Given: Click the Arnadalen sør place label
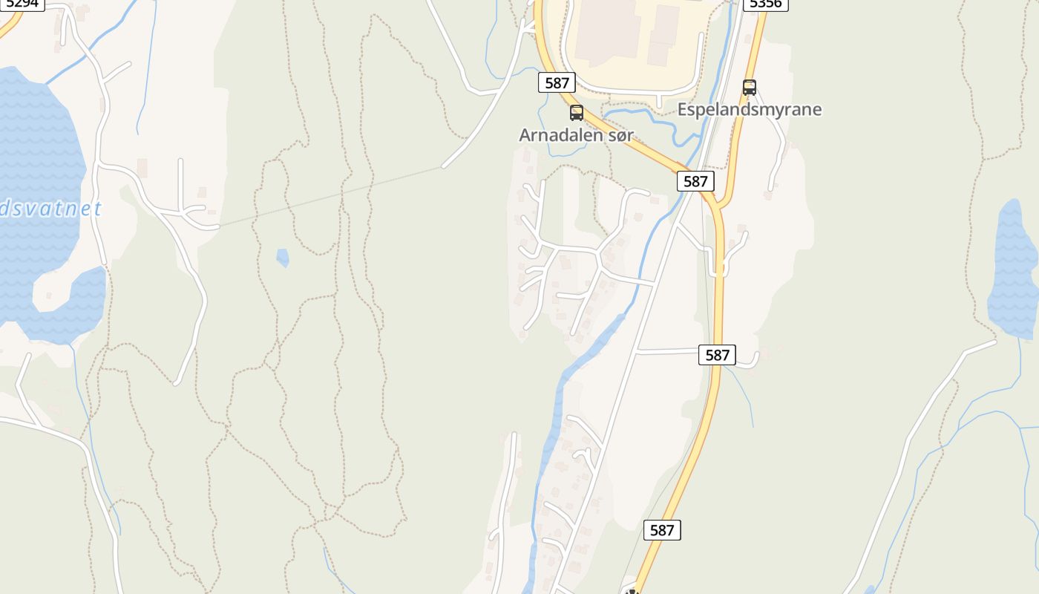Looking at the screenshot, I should point(576,135).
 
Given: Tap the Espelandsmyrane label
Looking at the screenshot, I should point(749,110).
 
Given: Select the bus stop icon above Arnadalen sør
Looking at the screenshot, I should point(576,113).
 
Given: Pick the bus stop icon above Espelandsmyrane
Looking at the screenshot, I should point(749,88).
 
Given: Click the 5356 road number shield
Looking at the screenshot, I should point(765,4).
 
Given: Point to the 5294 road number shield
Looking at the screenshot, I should point(22,4).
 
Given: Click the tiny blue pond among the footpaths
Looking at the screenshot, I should point(282,257).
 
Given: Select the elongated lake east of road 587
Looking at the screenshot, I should point(1013,267).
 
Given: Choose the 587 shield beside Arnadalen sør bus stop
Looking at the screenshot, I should point(557,82).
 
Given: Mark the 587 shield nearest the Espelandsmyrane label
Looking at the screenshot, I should point(695,181).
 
